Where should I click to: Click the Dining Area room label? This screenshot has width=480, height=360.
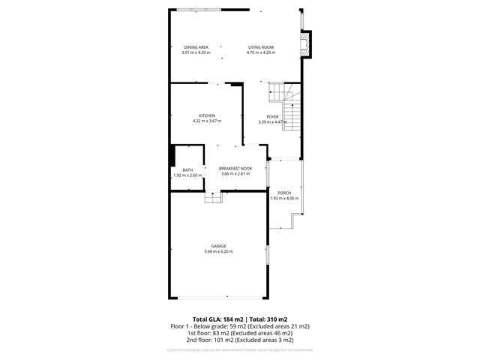click(196, 47)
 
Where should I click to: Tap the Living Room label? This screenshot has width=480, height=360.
click(261, 47)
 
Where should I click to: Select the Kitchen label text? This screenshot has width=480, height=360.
click(207, 115)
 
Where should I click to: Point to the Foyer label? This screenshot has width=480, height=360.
click(272, 116)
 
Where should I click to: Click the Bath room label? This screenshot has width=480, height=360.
click(187, 170)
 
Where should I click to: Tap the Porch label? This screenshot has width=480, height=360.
click(284, 193)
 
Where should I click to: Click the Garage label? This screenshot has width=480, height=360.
click(218, 246)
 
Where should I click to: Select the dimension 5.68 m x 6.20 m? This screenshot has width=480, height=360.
click(218, 251)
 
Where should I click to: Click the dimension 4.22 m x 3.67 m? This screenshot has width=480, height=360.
click(207, 121)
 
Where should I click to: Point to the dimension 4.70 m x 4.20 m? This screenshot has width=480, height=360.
click(261, 52)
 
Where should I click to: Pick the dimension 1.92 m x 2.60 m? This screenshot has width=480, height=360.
click(187, 175)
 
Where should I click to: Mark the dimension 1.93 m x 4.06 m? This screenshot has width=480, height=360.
click(284, 198)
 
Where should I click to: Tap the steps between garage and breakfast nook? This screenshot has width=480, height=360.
click(214, 196)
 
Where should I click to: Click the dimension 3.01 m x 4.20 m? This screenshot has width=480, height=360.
click(196, 52)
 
